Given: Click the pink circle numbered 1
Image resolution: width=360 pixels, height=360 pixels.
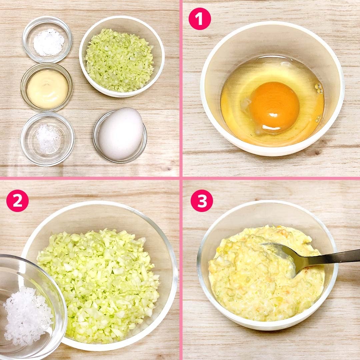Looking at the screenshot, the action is click(x=200, y=19).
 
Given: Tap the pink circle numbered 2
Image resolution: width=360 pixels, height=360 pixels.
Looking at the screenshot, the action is click(x=17, y=201).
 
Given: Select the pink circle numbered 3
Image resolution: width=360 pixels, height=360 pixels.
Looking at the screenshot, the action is click(x=202, y=201).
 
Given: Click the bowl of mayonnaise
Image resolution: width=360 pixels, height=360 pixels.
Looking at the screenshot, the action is click(x=47, y=87).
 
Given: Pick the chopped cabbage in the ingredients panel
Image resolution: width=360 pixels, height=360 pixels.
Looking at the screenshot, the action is click(x=119, y=60).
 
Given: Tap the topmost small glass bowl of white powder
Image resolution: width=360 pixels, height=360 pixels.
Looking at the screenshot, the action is click(x=47, y=39).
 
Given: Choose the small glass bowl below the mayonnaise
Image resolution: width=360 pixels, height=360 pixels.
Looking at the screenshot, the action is click(x=47, y=139).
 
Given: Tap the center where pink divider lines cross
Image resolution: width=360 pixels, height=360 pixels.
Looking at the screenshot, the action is click(x=181, y=178).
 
